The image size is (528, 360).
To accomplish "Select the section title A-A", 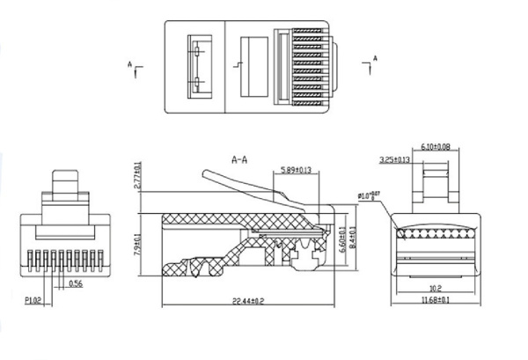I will [239, 160].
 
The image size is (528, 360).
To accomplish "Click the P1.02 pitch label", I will [33, 299].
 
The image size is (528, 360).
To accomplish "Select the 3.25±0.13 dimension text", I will [393, 160].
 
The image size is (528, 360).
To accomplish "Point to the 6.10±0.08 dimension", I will [430, 146].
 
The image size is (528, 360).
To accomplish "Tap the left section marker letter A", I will [130, 64].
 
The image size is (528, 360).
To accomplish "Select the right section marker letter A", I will [374, 59].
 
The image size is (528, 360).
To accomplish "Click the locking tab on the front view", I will [67, 187].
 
